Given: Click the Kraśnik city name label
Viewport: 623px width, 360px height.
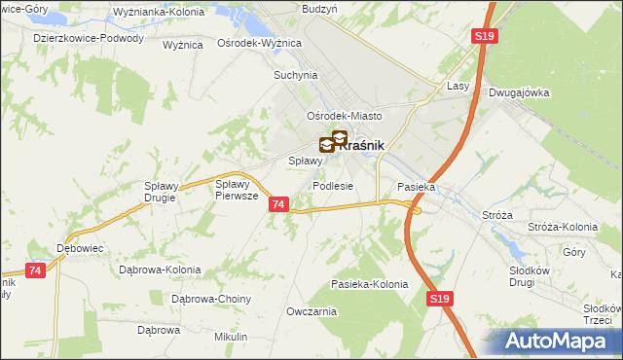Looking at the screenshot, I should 364,145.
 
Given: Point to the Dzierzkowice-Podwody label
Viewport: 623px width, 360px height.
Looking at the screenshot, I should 89,39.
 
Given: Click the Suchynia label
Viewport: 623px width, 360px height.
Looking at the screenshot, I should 297,74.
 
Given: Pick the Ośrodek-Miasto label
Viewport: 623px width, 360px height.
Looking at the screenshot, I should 345,115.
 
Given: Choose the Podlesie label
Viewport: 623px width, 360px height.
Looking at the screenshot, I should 332,186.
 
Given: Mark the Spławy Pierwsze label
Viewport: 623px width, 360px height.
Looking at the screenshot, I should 237,189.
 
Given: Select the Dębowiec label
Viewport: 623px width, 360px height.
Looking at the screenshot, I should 80,247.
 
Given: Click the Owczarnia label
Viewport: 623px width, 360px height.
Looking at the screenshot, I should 311,311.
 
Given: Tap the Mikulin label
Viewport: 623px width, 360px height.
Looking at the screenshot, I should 231,337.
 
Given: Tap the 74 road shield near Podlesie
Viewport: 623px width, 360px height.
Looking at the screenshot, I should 279,204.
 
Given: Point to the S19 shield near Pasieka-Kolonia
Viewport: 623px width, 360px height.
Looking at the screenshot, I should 439,302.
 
